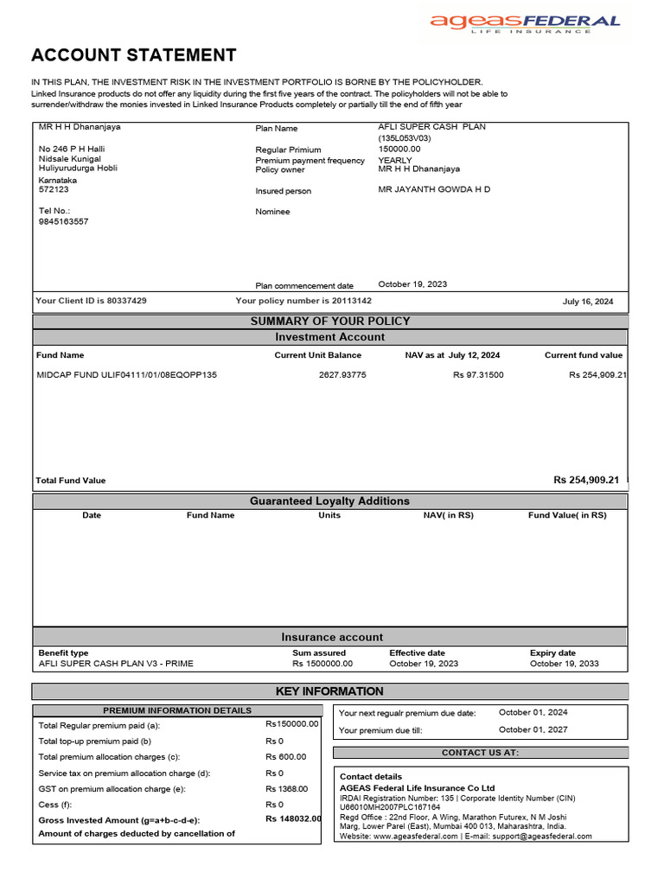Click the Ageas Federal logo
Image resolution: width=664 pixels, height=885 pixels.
click(525, 23)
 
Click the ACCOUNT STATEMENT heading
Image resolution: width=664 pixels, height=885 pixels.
click(133, 55)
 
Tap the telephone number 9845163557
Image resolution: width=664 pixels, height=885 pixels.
click(64, 221)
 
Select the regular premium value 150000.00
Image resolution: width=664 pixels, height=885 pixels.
click(399, 149)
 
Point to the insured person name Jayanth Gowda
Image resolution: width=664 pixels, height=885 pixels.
click(434, 189)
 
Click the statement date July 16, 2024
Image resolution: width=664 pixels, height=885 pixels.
click(587, 302)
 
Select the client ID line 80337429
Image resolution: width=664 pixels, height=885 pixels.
click(91, 301)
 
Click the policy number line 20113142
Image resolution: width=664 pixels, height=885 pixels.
click(303, 301)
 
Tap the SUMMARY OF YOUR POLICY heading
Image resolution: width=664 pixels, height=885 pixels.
click(330, 322)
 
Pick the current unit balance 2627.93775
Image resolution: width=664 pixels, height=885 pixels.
click(342, 375)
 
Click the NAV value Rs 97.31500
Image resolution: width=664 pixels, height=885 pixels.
click(478, 375)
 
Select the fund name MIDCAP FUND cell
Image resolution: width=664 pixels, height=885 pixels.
click(126, 375)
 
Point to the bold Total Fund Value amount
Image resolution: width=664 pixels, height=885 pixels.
click(586, 480)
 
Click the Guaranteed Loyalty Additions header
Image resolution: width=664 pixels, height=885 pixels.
click(330, 501)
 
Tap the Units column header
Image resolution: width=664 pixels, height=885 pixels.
click(329, 515)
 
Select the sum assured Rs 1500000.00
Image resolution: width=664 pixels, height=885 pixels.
click(322, 664)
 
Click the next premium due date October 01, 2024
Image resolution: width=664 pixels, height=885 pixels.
click(533, 713)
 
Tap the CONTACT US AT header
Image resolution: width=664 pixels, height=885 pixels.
click(481, 753)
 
